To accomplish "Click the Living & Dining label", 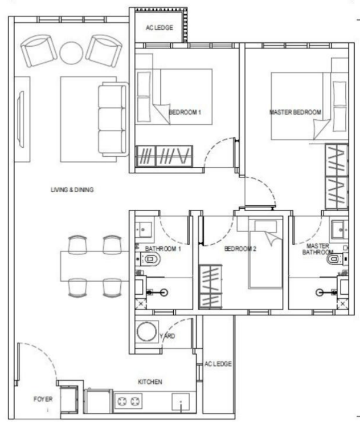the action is (x=72, y=190).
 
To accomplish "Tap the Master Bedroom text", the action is (x=295, y=112).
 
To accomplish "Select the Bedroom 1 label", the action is (x=185, y=112).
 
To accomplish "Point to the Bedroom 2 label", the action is (x=240, y=249).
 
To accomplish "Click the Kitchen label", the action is (x=150, y=382).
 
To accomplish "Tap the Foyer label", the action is (x=43, y=399).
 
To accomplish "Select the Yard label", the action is (x=167, y=336).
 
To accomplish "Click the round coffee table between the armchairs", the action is (x=71, y=52).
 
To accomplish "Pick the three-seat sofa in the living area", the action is (x=113, y=119).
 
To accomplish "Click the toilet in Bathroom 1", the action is (x=150, y=259).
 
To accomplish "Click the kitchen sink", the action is (x=181, y=402).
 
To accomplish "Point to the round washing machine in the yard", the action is (x=146, y=331).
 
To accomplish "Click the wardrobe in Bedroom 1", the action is (x=164, y=156).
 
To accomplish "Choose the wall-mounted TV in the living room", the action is (x=21, y=119).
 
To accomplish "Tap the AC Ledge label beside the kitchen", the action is (x=218, y=364).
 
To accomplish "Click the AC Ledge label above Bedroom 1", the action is (x=159, y=27).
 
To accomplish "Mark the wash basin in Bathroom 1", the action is (x=144, y=230).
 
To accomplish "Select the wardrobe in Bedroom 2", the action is (x=211, y=286).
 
